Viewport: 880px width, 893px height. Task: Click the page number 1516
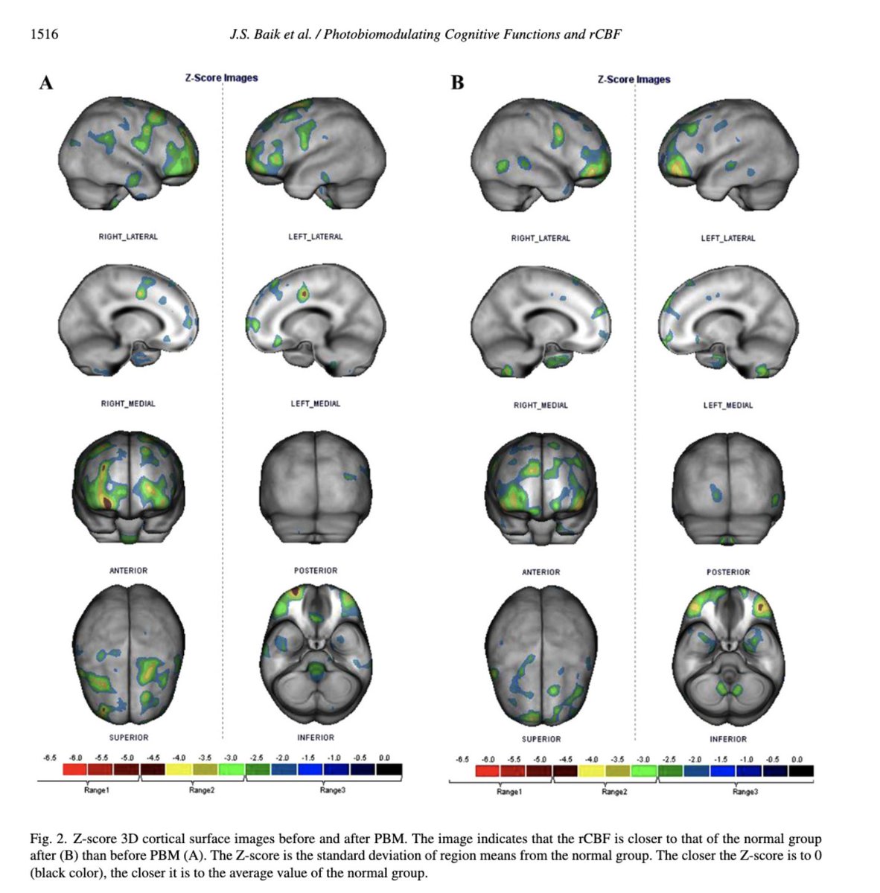coord(44,34)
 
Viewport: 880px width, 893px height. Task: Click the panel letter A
coord(46,83)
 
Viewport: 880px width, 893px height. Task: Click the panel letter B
coord(457,83)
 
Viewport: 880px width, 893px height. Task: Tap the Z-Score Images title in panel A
coord(221,78)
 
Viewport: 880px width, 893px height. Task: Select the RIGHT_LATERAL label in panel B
coord(541,238)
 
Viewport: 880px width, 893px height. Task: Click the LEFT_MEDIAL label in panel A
coord(315,403)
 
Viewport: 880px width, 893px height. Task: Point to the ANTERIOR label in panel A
coord(129,571)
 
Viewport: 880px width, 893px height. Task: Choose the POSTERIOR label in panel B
coord(728,572)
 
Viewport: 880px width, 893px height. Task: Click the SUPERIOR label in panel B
coord(541,739)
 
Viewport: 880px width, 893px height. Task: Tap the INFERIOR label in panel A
coord(315,737)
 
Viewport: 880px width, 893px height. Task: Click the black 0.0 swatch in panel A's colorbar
coord(389,769)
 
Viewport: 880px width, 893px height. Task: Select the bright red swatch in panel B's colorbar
coord(488,771)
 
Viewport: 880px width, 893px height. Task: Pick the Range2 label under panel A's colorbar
coord(202,790)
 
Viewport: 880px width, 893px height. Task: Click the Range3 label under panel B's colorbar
coord(745,792)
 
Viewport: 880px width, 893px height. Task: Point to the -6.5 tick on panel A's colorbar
coord(50,758)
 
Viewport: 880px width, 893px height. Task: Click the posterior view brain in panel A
coord(316,487)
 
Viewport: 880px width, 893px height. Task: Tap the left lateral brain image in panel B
coord(728,155)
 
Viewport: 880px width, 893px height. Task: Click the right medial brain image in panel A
coord(129,320)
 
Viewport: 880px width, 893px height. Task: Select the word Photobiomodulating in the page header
coord(382,35)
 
